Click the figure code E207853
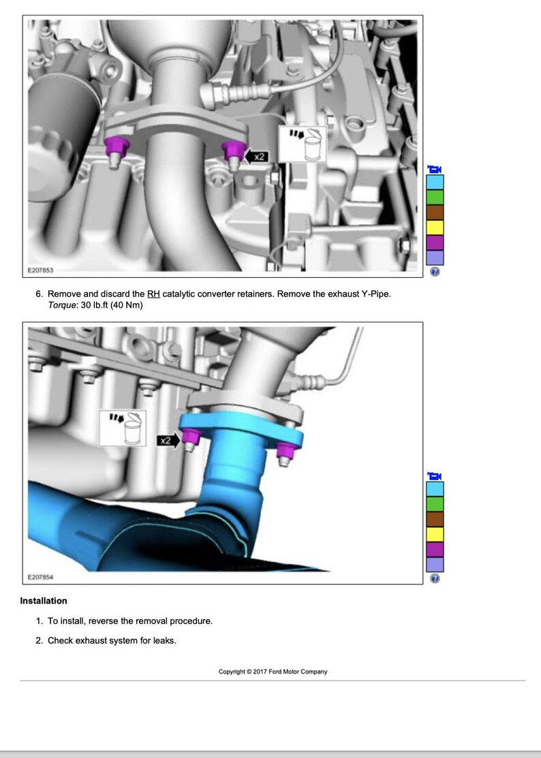[x=40, y=270]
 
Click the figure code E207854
[x=40, y=577]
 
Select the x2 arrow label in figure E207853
[x=256, y=157]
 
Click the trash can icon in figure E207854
[x=123, y=428]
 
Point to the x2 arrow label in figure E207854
[x=168, y=440]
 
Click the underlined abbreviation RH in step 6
[x=153, y=294]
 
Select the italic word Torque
[x=63, y=305]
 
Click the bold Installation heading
[x=44, y=601]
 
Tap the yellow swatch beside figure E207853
[x=435, y=227]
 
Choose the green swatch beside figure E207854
[x=435, y=504]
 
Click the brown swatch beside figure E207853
[x=435, y=212]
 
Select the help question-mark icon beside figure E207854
[x=435, y=578]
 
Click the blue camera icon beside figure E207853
[x=435, y=169]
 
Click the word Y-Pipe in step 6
[x=375, y=294]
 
